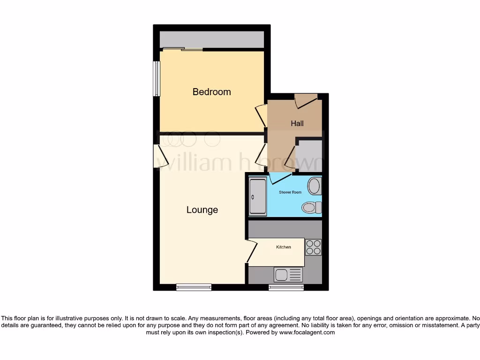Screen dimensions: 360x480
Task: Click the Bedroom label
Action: pos(212,92)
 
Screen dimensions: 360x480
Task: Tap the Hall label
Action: pos(297,123)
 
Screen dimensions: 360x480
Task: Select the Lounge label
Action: pos(202,210)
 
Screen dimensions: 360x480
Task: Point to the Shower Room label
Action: pos(290,192)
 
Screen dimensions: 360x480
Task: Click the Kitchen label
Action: pos(283,247)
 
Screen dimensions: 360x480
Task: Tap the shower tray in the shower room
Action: pos(257,196)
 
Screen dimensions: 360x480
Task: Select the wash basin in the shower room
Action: pos(314,186)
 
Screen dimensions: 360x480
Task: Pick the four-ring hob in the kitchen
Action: pos(313,247)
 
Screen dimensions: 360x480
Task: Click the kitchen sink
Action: pos(288,274)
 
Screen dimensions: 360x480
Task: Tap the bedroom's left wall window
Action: pos(157,79)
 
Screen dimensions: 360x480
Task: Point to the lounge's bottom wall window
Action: pos(194,287)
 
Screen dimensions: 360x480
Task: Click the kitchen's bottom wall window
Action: pos(286,287)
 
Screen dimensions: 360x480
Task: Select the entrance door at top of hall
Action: pos(306,99)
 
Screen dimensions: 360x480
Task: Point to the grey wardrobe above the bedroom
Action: pos(211,39)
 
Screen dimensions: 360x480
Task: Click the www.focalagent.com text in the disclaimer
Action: pos(307,332)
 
